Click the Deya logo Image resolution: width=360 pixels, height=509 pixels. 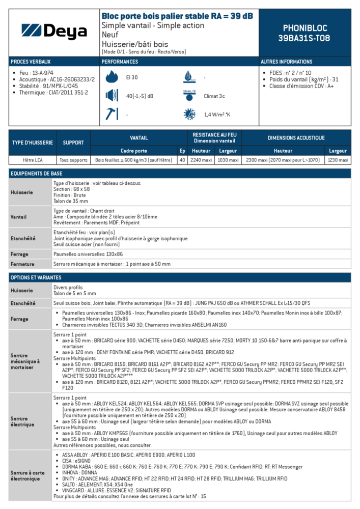54,32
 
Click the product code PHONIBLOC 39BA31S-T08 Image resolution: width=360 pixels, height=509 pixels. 304,33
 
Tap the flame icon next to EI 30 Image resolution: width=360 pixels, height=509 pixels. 112,77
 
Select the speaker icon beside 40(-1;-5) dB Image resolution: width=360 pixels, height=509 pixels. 112,96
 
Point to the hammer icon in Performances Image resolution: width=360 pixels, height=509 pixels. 111,114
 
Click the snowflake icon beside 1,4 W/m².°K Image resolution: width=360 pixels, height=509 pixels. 189,114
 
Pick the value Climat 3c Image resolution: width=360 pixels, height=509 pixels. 214,96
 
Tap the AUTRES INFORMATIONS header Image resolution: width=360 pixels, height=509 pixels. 286,62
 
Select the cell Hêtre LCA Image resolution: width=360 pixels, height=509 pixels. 33,160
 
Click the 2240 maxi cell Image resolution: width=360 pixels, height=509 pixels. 201,160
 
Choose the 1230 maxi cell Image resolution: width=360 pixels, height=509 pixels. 338,160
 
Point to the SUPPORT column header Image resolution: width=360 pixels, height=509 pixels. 73,143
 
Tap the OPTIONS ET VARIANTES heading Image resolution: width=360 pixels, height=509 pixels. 36,277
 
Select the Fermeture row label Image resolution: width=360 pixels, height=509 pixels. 22,264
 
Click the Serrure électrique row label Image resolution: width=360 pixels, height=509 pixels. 22,421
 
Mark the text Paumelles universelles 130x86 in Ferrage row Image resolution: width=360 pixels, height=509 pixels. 88,254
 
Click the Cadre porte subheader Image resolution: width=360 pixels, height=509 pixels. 133,151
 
